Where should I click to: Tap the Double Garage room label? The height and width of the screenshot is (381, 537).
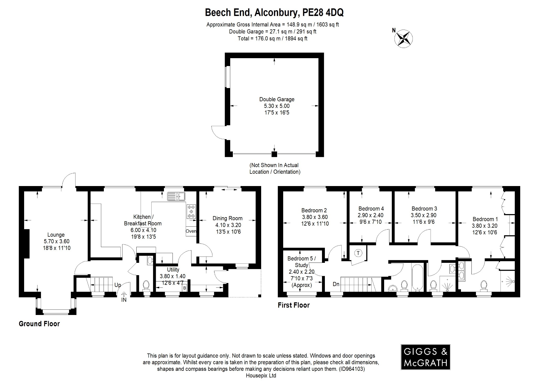tap(277, 99)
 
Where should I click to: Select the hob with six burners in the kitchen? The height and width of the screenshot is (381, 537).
tap(191, 211)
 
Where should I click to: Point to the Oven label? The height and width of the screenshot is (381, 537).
tap(191, 231)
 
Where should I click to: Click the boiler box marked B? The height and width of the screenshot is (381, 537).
tap(185, 288)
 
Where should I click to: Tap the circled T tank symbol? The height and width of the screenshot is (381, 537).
tap(358, 253)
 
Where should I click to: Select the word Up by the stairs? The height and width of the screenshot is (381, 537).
tap(117, 285)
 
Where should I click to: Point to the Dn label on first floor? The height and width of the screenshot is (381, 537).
tap(336, 284)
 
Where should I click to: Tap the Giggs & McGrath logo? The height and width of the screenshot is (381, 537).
tap(425, 357)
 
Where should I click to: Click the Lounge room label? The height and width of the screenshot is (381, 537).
tap(56, 235)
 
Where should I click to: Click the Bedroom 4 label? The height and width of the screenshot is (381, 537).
tap(371, 209)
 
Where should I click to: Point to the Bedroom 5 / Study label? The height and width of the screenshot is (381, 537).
tap(302, 262)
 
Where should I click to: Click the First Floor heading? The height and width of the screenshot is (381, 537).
tap(294, 305)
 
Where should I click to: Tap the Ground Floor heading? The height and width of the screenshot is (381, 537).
tap(39, 324)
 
